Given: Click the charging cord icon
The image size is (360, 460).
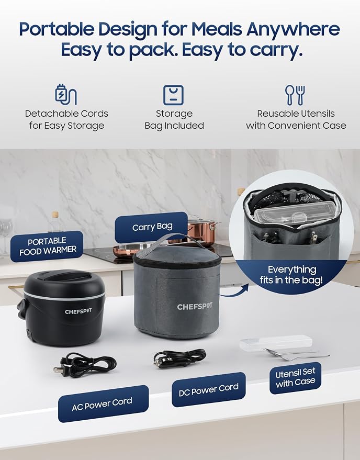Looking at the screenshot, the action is point(66,95).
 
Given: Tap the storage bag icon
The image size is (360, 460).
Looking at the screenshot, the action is point(173,95).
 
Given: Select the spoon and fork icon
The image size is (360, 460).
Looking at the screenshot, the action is point(295,95).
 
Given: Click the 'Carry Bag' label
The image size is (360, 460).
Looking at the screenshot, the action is point(151,227).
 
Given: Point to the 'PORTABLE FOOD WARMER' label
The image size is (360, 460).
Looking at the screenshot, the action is point(47,246).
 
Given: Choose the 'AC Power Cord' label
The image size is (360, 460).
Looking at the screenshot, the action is point(103,404).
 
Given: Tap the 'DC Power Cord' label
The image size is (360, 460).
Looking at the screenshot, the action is point(209,389).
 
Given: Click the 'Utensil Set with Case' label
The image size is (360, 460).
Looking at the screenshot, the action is point(295,378).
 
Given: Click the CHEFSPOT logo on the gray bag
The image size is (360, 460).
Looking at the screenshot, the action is point(195,307).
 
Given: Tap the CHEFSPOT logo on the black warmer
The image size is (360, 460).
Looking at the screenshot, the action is point(78,311).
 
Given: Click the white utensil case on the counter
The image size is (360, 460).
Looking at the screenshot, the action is point(276,342).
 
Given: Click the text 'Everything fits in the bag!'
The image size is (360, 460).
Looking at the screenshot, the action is point(291,275).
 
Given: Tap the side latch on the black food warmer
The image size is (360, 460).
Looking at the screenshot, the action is point(21,309).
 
